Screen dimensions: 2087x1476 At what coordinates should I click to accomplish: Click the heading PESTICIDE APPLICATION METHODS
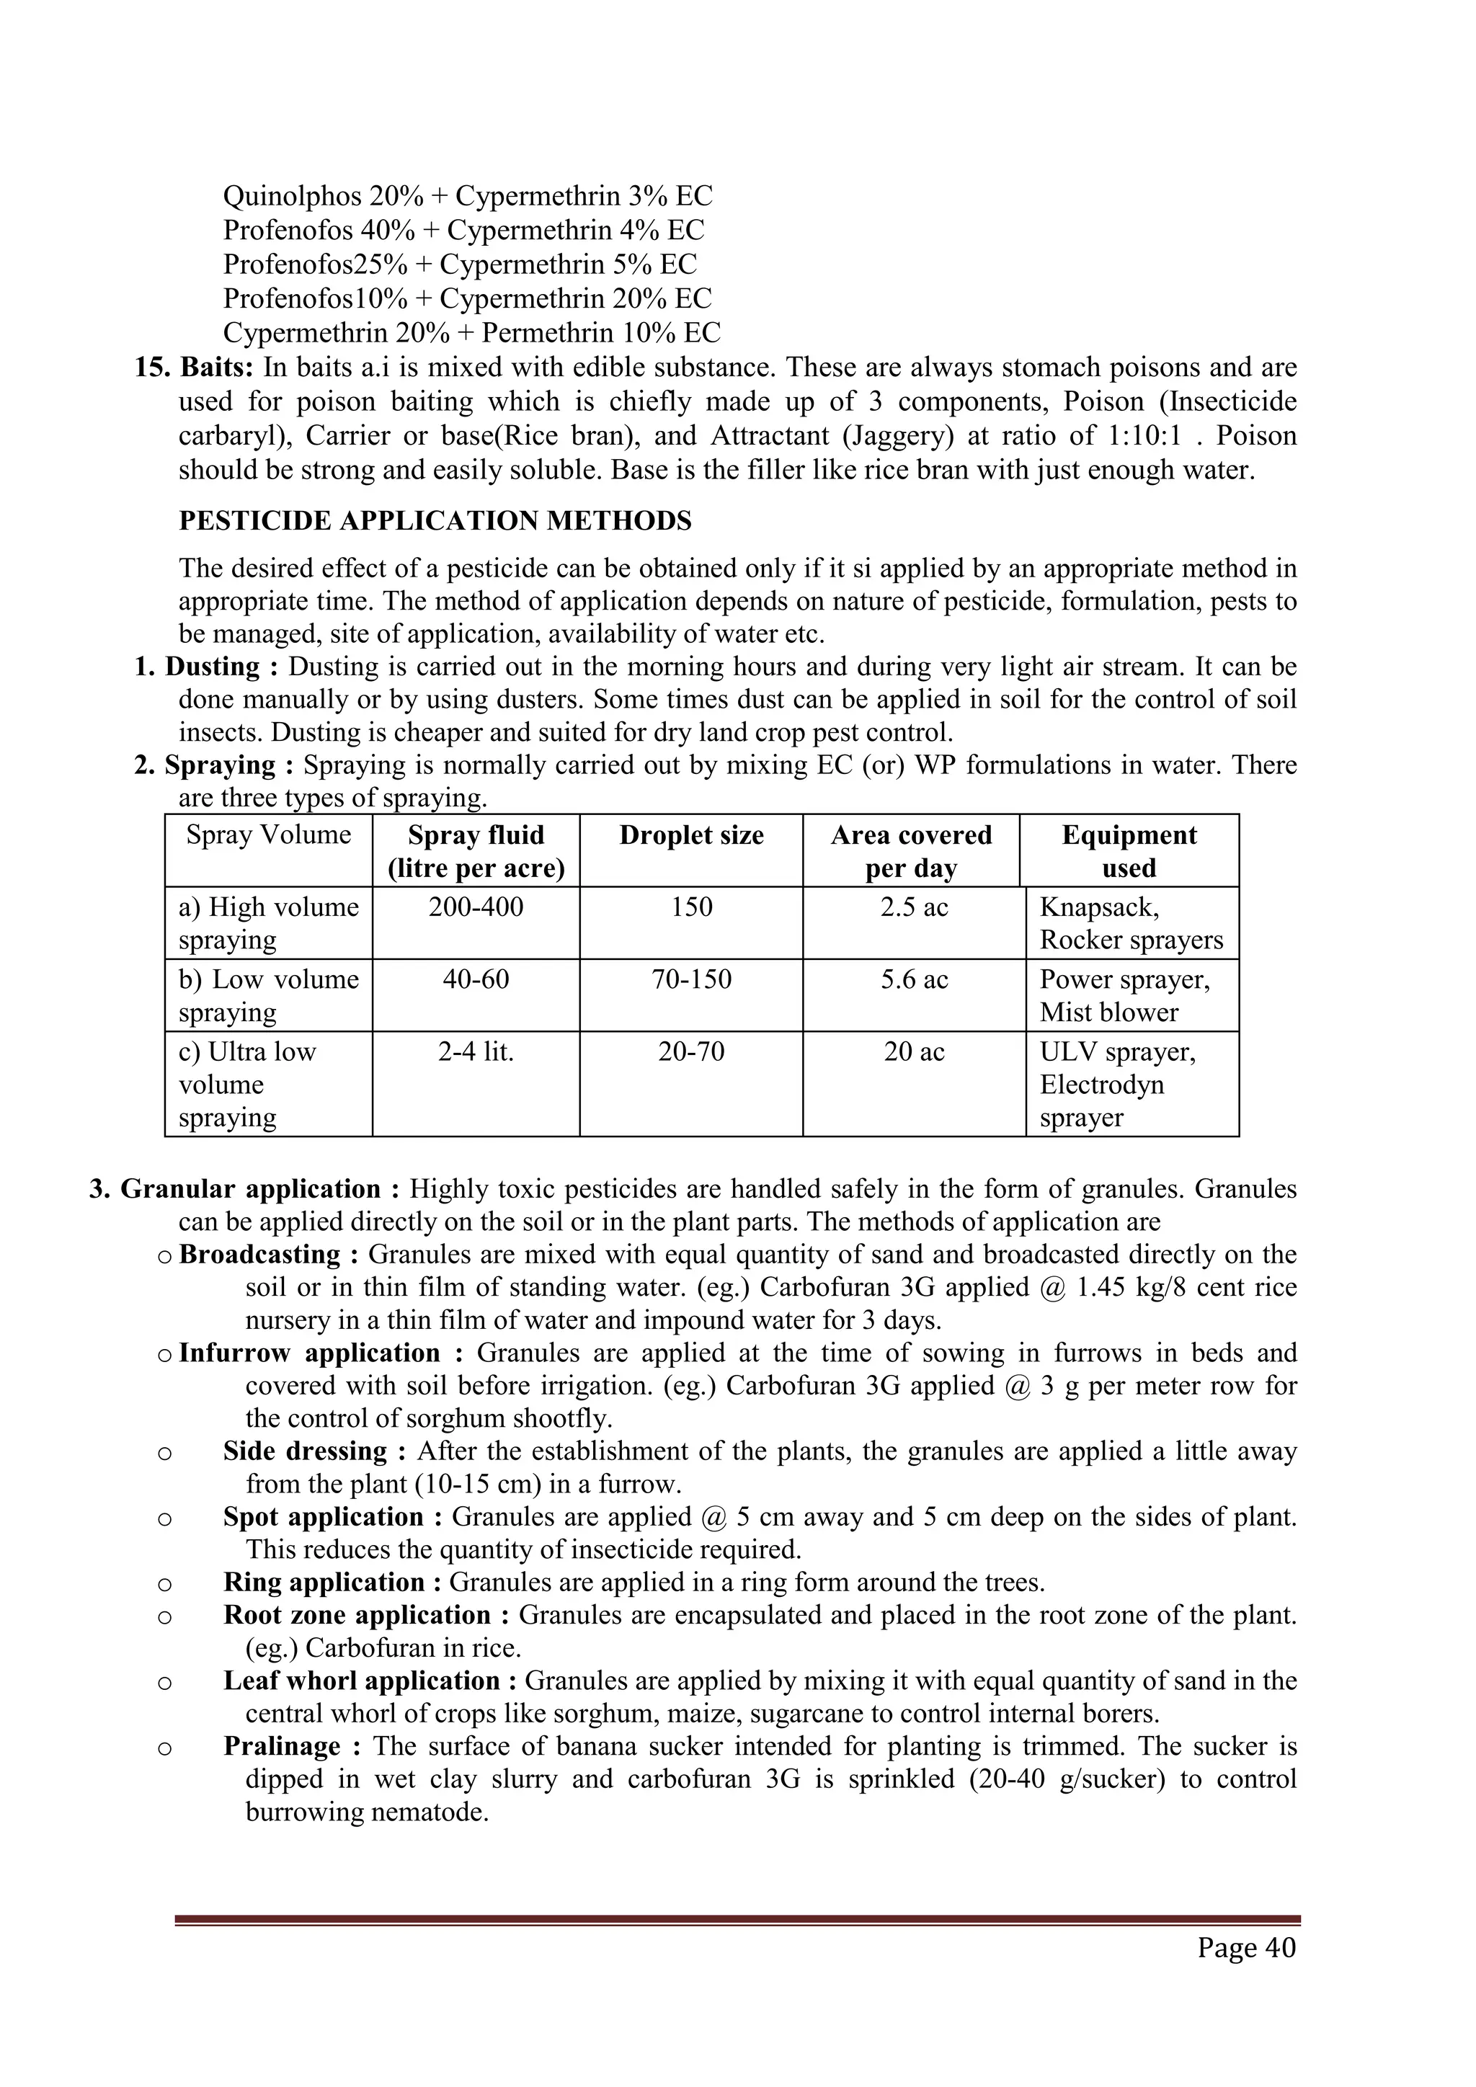pyautogui.click(x=435, y=521)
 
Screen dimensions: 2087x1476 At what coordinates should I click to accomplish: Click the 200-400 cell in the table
pyautogui.click(x=476, y=907)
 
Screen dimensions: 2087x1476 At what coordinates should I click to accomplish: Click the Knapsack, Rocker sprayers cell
pyautogui.click(x=1131, y=924)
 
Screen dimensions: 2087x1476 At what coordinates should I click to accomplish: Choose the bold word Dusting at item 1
pyautogui.click(x=212, y=667)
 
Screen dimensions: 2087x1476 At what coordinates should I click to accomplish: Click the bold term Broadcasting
pyautogui.click(x=259, y=1255)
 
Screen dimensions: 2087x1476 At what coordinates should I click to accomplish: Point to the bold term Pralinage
pyautogui.click(x=281, y=1746)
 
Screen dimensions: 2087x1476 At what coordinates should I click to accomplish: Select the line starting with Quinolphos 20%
pyautogui.click(x=467, y=195)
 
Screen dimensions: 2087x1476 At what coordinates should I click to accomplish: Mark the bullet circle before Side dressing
pyautogui.click(x=164, y=1453)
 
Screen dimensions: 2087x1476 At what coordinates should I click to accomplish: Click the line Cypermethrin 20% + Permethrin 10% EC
pyautogui.click(x=471, y=333)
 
